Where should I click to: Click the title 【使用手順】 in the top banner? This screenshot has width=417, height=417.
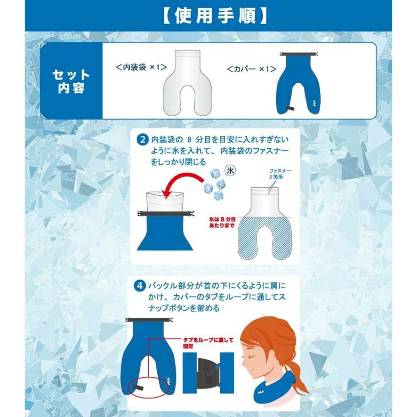214,16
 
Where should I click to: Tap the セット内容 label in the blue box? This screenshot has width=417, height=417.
71,82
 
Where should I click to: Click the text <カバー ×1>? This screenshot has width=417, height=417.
252,69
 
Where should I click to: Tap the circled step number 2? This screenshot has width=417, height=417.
143,140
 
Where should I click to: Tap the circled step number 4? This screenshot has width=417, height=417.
140,286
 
